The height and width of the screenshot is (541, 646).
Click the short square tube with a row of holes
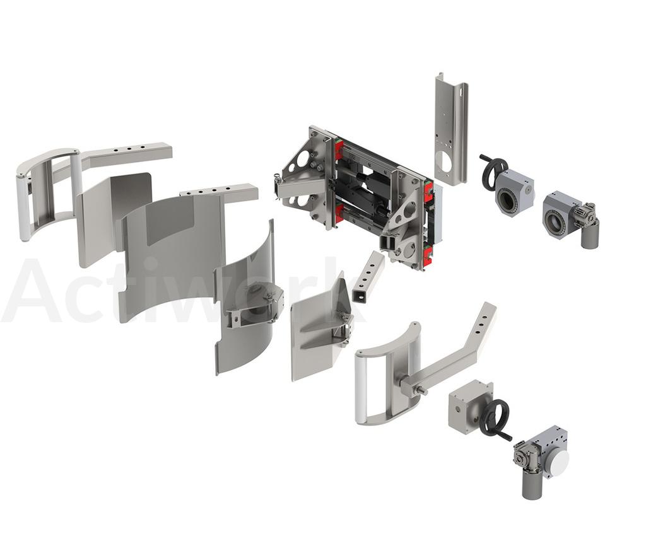(368, 277)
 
